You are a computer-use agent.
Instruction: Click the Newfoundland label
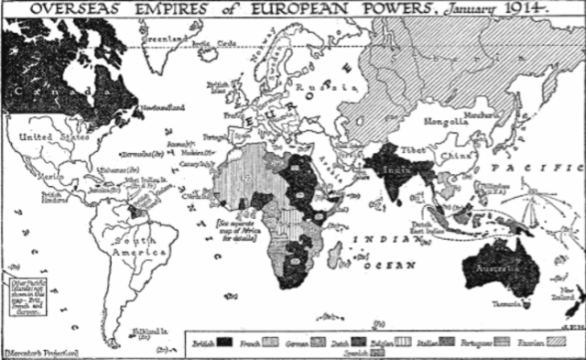(165, 108)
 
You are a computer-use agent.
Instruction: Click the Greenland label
(163, 39)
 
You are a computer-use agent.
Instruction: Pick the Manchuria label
(480, 111)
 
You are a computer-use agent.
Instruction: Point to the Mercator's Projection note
(41, 351)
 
